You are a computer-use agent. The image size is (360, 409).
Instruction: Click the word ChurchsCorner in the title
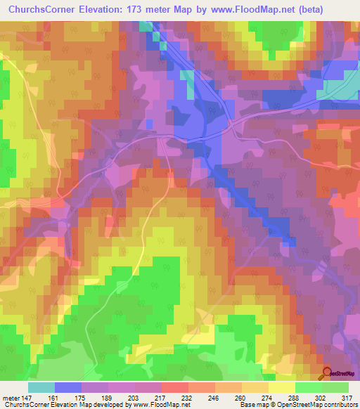(x=43, y=10)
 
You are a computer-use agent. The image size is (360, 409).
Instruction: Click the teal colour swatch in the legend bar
(x=41, y=388)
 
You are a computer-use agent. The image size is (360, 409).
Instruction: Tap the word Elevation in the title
(x=109, y=10)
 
